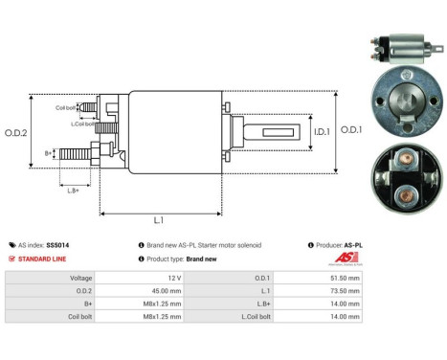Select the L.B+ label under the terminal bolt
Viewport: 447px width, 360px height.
tap(73, 190)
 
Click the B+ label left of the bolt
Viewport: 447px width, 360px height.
tap(49, 152)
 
